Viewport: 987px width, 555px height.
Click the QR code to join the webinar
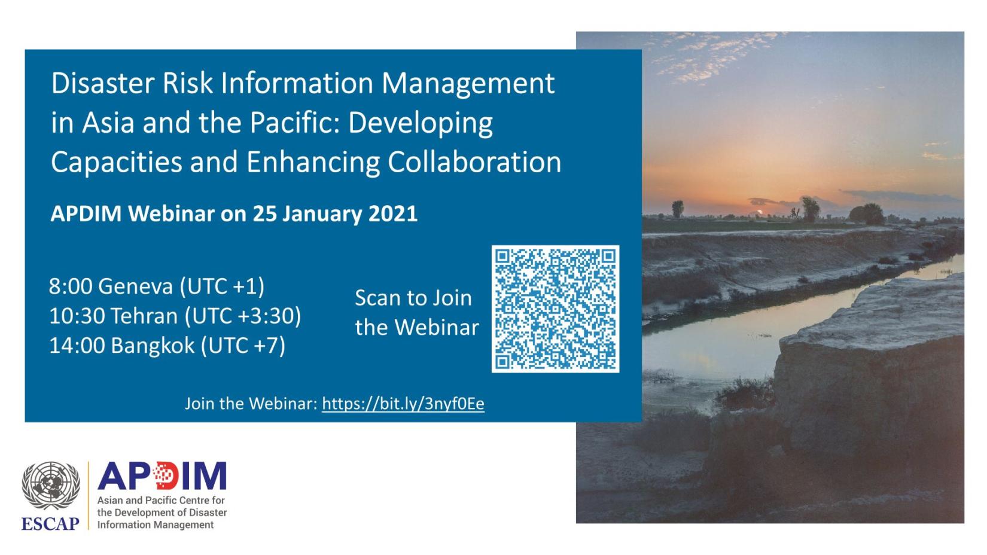click(555, 309)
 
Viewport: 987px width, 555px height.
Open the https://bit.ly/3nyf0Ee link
click(403, 404)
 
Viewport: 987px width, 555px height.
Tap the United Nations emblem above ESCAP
click(51, 486)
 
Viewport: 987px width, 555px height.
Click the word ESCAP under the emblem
click(50, 524)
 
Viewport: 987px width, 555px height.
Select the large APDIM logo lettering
click(162, 475)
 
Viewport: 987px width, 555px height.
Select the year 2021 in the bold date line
click(393, 214)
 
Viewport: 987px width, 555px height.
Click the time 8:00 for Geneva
click(71, 286)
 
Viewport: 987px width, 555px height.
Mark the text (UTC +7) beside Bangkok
click(243, 345)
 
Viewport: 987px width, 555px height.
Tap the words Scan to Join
click(413, 298)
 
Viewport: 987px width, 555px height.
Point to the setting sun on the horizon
click(759, 212)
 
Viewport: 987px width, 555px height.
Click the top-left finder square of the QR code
click(502, 257)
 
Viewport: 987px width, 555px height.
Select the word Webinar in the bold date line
click(172, 214)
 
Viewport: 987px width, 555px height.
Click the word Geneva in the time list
click(135, 286)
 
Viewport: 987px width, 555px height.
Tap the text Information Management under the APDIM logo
click(156, 524)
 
